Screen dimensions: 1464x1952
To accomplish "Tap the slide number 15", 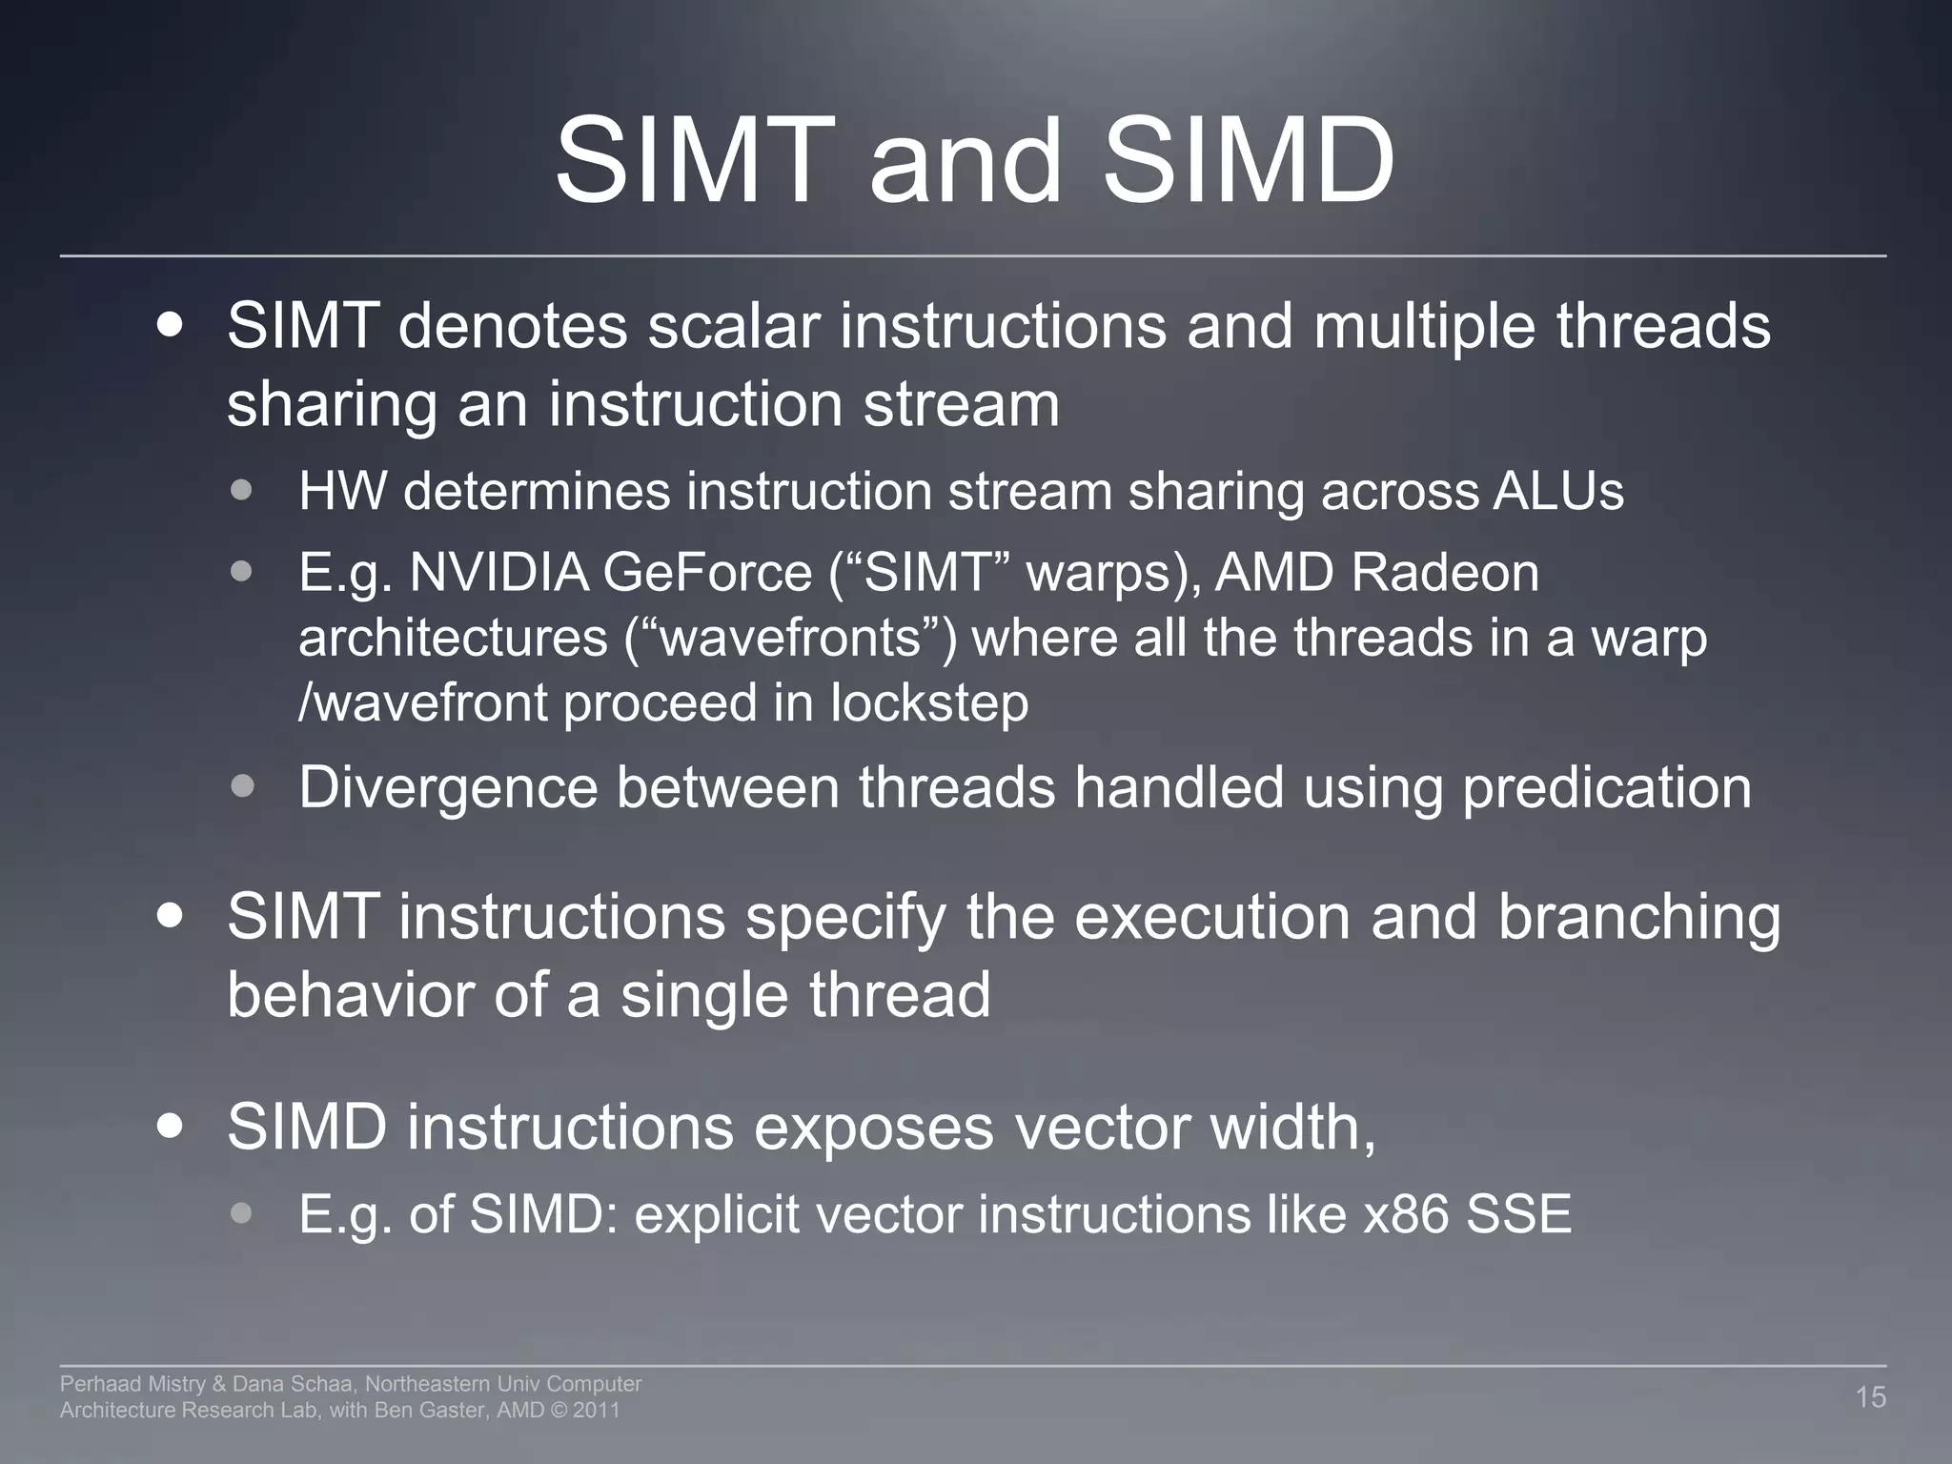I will [x=1870, y=1397].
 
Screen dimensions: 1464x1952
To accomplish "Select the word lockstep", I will [x=928, y=703].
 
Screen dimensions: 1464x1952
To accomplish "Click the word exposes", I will [x=874, y=1128].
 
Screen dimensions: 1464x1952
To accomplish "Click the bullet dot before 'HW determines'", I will [x=242, y=491].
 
